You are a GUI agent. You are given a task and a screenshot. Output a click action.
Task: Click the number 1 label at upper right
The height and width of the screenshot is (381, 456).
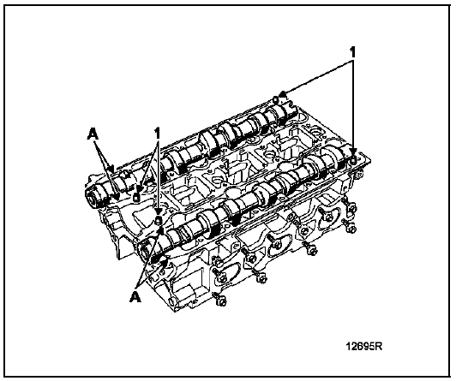[x=352, y=53]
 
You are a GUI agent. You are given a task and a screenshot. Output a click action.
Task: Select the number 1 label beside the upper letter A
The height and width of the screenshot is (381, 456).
[x=158, y=134]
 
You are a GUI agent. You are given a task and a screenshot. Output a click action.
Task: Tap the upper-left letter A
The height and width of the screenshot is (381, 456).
[x=93, y=134]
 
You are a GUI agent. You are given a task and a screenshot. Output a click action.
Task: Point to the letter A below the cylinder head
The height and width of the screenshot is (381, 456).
[x=135, y=296]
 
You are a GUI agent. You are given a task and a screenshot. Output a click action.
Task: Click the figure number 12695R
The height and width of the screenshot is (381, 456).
[x=363, y=346]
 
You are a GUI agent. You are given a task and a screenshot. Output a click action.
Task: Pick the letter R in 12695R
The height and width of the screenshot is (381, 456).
[x=378, y=346]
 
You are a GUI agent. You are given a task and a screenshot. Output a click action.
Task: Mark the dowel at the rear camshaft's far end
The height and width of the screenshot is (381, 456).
[x=276, y=99]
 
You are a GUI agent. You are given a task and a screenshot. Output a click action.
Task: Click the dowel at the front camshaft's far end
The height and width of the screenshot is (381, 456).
[x=353, y=159]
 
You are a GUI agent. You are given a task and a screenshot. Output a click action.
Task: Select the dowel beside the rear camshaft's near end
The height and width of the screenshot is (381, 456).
[x=136, y=198]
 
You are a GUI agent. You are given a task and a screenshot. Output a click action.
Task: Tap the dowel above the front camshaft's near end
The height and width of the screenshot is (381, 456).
[x=158, y=220]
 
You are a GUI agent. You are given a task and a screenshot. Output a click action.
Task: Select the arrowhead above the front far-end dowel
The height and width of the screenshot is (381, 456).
[x=353, y=152]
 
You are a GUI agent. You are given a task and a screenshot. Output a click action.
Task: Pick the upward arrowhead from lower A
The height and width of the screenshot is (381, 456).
[x=159, y=231]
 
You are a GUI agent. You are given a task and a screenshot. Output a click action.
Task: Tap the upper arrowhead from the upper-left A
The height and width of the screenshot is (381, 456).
[x=111, y=168]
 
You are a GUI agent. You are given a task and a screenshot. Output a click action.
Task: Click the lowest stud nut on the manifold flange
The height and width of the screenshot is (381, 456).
[x=221, y=301]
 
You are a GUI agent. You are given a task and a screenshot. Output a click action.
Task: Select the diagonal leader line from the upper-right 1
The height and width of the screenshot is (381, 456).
[x=318, y=77]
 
